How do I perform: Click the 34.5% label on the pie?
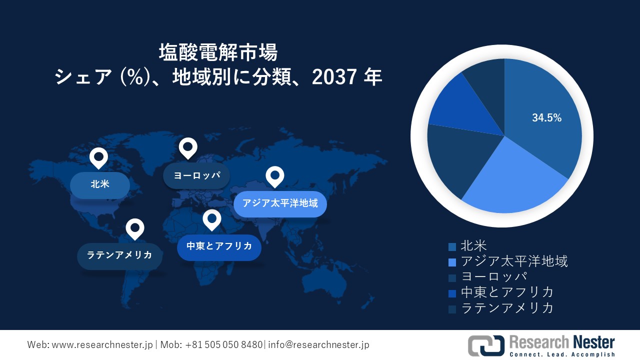coord(546,118)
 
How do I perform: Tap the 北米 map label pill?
coord(100,184)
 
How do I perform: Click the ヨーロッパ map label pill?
coord(196,175)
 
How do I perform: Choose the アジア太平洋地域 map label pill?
coord(280,204)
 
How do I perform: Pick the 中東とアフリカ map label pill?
coord(219,246)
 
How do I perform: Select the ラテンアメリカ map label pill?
coord(119,255)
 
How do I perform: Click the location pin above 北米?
coord(98,158)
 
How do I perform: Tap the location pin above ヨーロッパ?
coord(188,147)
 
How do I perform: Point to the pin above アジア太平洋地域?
coord(274,176)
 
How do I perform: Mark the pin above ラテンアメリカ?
coord(134,228)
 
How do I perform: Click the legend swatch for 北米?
coord(452,246)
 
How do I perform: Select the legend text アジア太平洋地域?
coord(514,261)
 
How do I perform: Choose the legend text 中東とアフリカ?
coord(507,292)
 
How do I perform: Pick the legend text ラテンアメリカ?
coord(507,307)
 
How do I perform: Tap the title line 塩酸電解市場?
coord(218,52)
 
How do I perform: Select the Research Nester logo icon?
coord(485,345)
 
